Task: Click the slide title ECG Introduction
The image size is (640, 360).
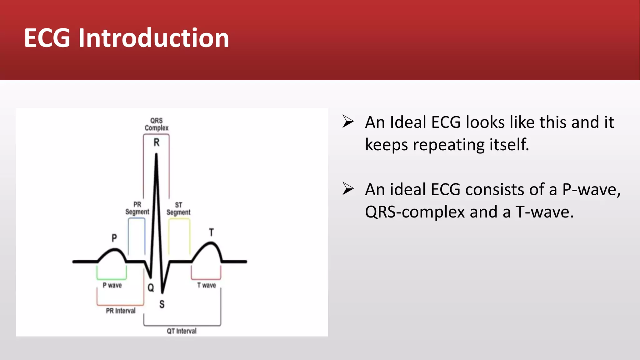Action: click(x=127, y=38)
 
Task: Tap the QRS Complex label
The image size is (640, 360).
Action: click(x=156, y=124)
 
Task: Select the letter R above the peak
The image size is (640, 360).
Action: click(x=157, y=142)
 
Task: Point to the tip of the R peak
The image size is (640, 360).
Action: click(x=156, y=154)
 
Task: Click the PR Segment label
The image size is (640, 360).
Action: click(x=137, y=208)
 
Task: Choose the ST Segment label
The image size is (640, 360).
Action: click(x=178, y=209)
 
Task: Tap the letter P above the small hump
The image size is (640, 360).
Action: click(x=114, y=238)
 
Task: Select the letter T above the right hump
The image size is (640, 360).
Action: click(x=212, y=232)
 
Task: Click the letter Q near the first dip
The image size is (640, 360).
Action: click(x=151, y=287)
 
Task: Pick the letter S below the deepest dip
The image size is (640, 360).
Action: click(x=162, y=304)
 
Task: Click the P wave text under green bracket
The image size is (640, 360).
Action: click(x=112, y=285)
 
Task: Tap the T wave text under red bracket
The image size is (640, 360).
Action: click(x=207, y=285)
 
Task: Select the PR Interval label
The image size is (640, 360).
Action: click(x=121, y=311)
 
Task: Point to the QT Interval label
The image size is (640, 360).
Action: click(x=182, y=331)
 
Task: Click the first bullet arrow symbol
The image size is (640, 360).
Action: click(x=348, y=122)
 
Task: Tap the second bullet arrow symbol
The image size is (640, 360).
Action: click(x=348, y=189)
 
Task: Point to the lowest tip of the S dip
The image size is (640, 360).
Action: click(x=162, y=292)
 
